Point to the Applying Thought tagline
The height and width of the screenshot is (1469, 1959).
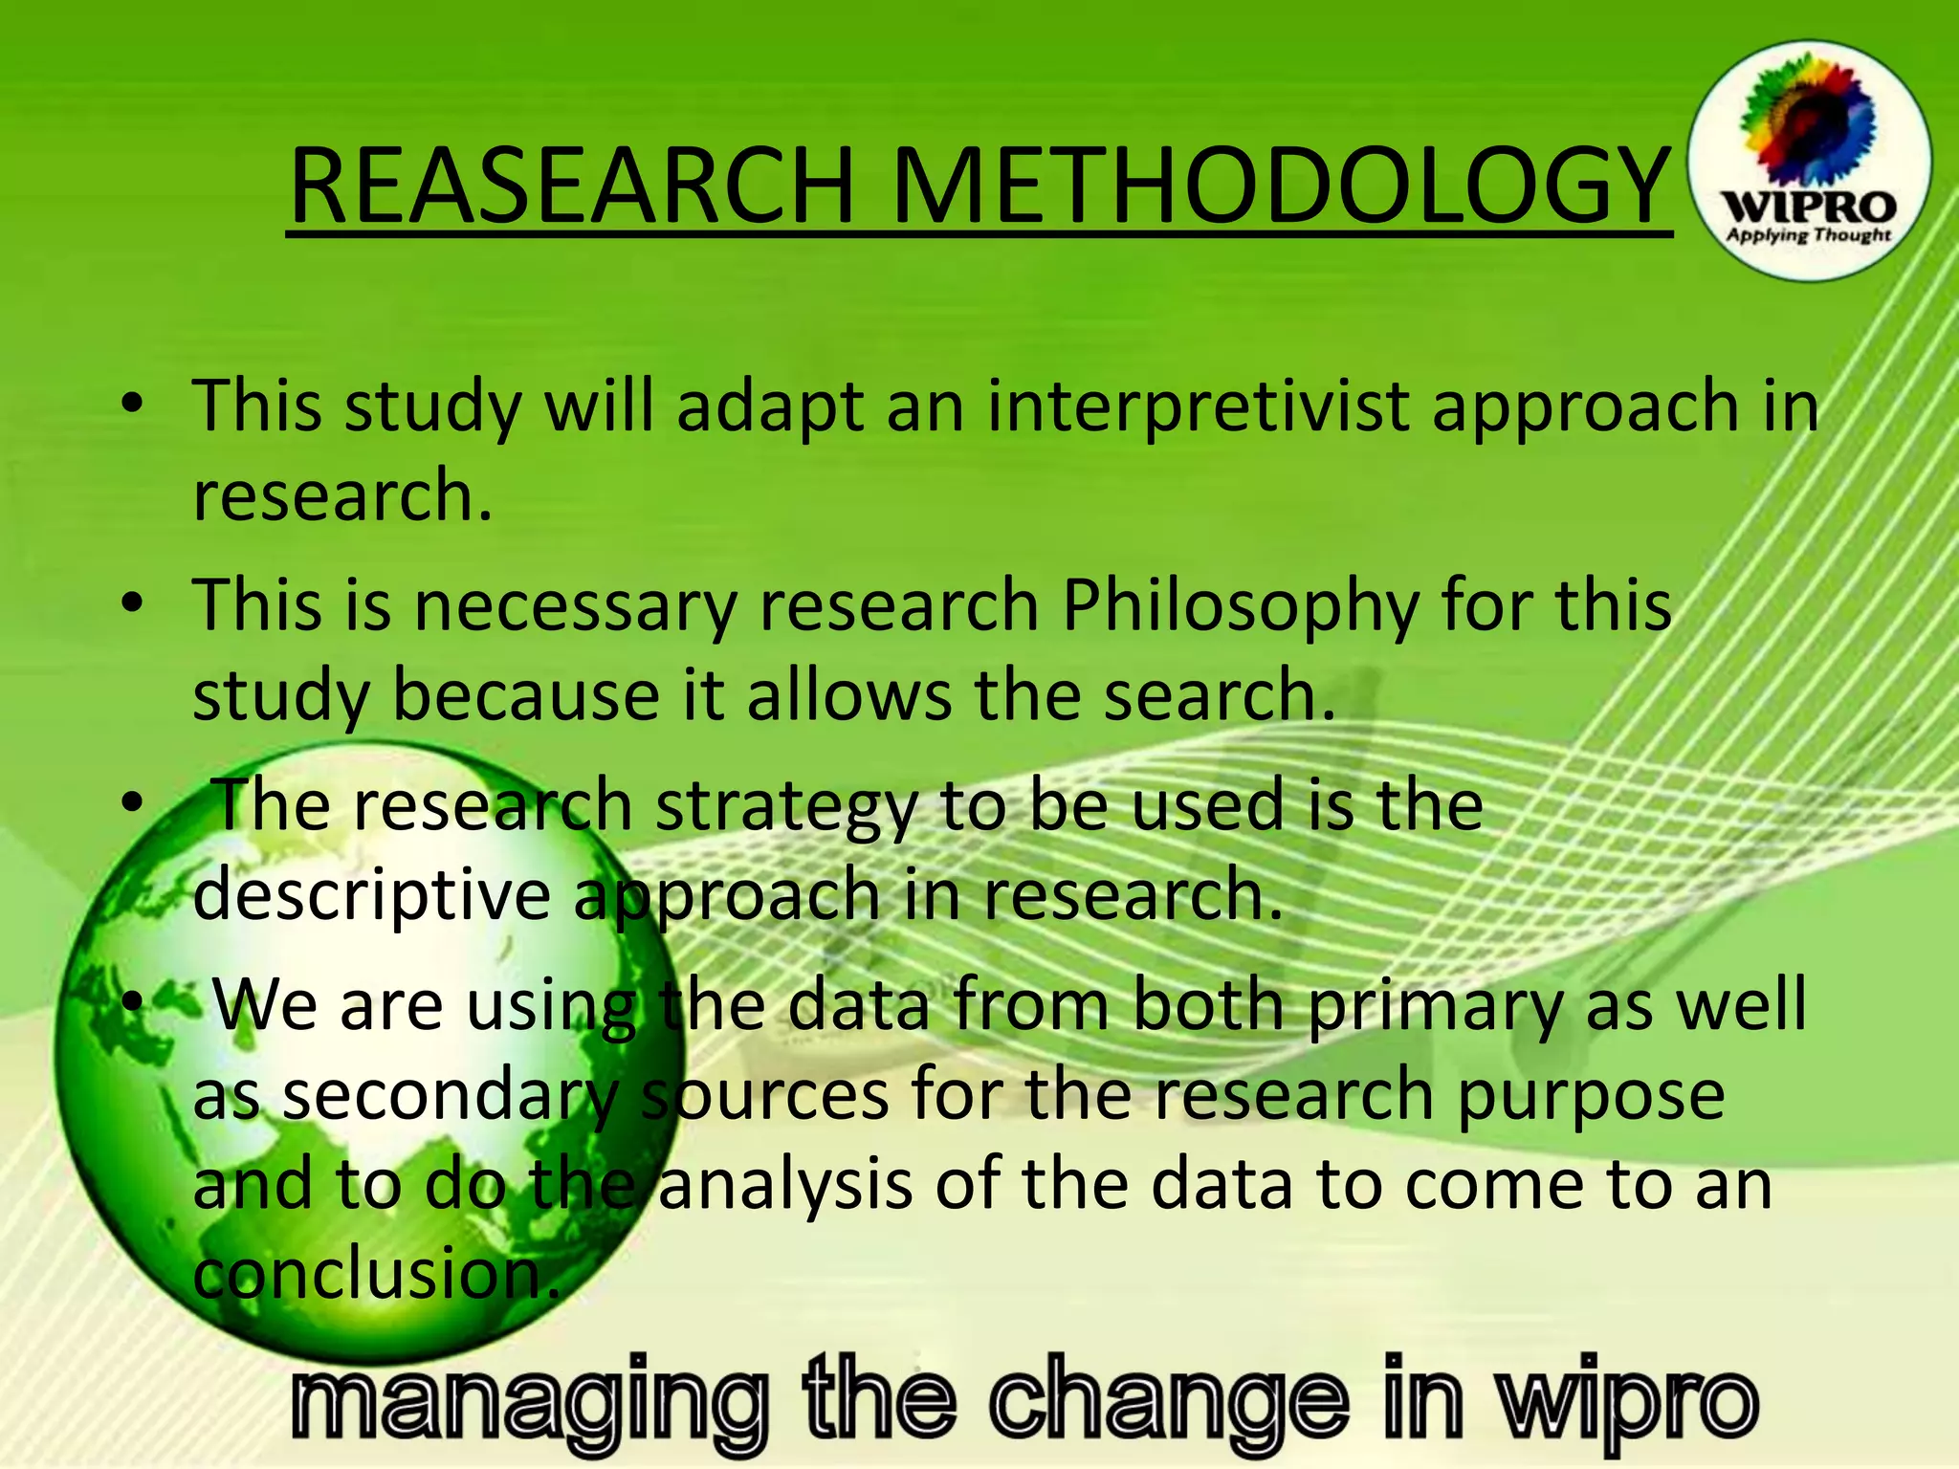1808,235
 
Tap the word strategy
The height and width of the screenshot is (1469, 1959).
785,806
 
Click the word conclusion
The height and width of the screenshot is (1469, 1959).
377,1275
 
